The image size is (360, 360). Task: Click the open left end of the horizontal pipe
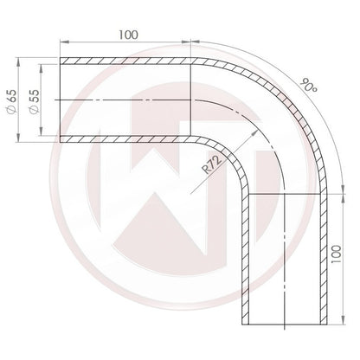pyautogui.click(x=60, y=100)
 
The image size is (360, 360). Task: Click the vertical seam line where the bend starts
pyautogui.click(x=191, y=100)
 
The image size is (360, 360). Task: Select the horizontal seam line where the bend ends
pyautogui.click(x=283, y=195)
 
